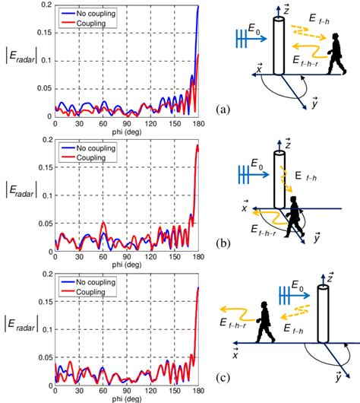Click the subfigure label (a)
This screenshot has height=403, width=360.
point(223,108)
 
